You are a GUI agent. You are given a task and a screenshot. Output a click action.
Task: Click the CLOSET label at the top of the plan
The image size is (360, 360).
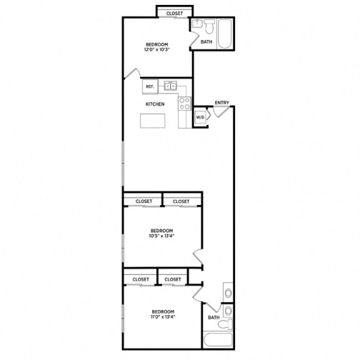(174, 12)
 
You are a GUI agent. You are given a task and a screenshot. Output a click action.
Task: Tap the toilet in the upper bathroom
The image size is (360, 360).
(209, 27)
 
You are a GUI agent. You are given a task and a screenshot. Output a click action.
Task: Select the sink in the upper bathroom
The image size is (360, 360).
(196, 26)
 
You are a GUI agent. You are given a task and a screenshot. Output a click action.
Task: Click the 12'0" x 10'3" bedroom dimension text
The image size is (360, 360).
(157, 49)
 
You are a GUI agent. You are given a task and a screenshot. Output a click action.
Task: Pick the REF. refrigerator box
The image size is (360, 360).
(149, 86)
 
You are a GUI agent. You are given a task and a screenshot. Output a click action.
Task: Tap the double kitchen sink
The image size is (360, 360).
(171, 86)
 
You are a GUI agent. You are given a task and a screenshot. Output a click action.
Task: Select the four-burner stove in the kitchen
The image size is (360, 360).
(184, 104)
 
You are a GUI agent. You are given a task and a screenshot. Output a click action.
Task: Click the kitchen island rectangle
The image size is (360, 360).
(153, 121)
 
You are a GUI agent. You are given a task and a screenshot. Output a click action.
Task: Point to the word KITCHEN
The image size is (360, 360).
(155, 104)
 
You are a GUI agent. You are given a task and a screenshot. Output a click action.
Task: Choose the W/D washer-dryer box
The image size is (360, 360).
(200, 117)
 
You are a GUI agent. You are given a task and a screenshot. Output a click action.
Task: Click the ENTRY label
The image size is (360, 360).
(221, 102)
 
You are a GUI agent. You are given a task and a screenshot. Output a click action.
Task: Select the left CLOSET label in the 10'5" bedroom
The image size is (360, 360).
(144, 201)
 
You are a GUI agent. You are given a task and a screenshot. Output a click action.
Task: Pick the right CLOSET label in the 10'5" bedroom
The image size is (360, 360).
(181, 201)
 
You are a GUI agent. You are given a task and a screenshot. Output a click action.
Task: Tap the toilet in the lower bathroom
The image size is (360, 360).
(228, 323)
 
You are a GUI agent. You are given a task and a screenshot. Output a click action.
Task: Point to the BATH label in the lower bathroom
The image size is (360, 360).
(214, 317)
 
